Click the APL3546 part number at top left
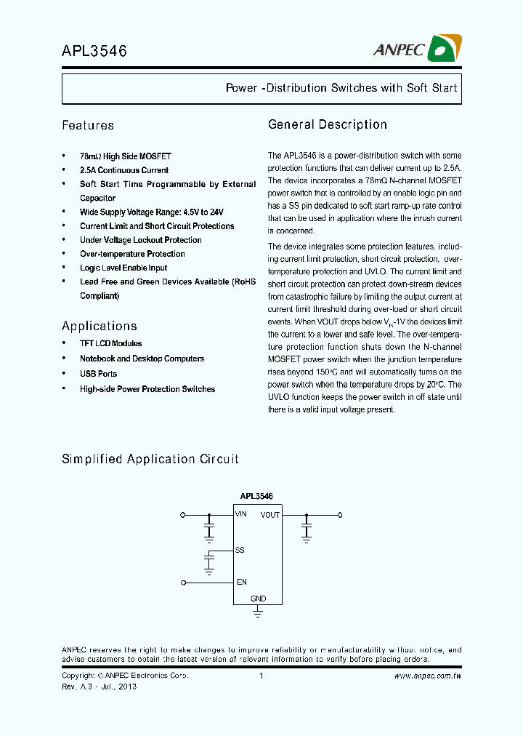[94, 51]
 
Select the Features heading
[88, 125]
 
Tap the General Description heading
[328, 124]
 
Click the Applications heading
[100, 326]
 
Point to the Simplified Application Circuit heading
[150, 459]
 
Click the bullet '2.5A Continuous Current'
[124, 170]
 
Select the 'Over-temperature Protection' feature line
[132, 254]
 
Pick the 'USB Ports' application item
[98, 374]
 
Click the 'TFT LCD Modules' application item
[110, 343]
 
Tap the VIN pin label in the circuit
[241, 514]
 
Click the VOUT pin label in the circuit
[270, 515]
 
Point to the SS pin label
[240, 551]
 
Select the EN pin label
[241, 582]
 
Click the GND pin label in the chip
[258, 599]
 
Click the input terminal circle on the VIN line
[183, 515]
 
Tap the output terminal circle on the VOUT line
[339, 515]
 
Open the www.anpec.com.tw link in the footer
[428, 676]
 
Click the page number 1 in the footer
[261, 676]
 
